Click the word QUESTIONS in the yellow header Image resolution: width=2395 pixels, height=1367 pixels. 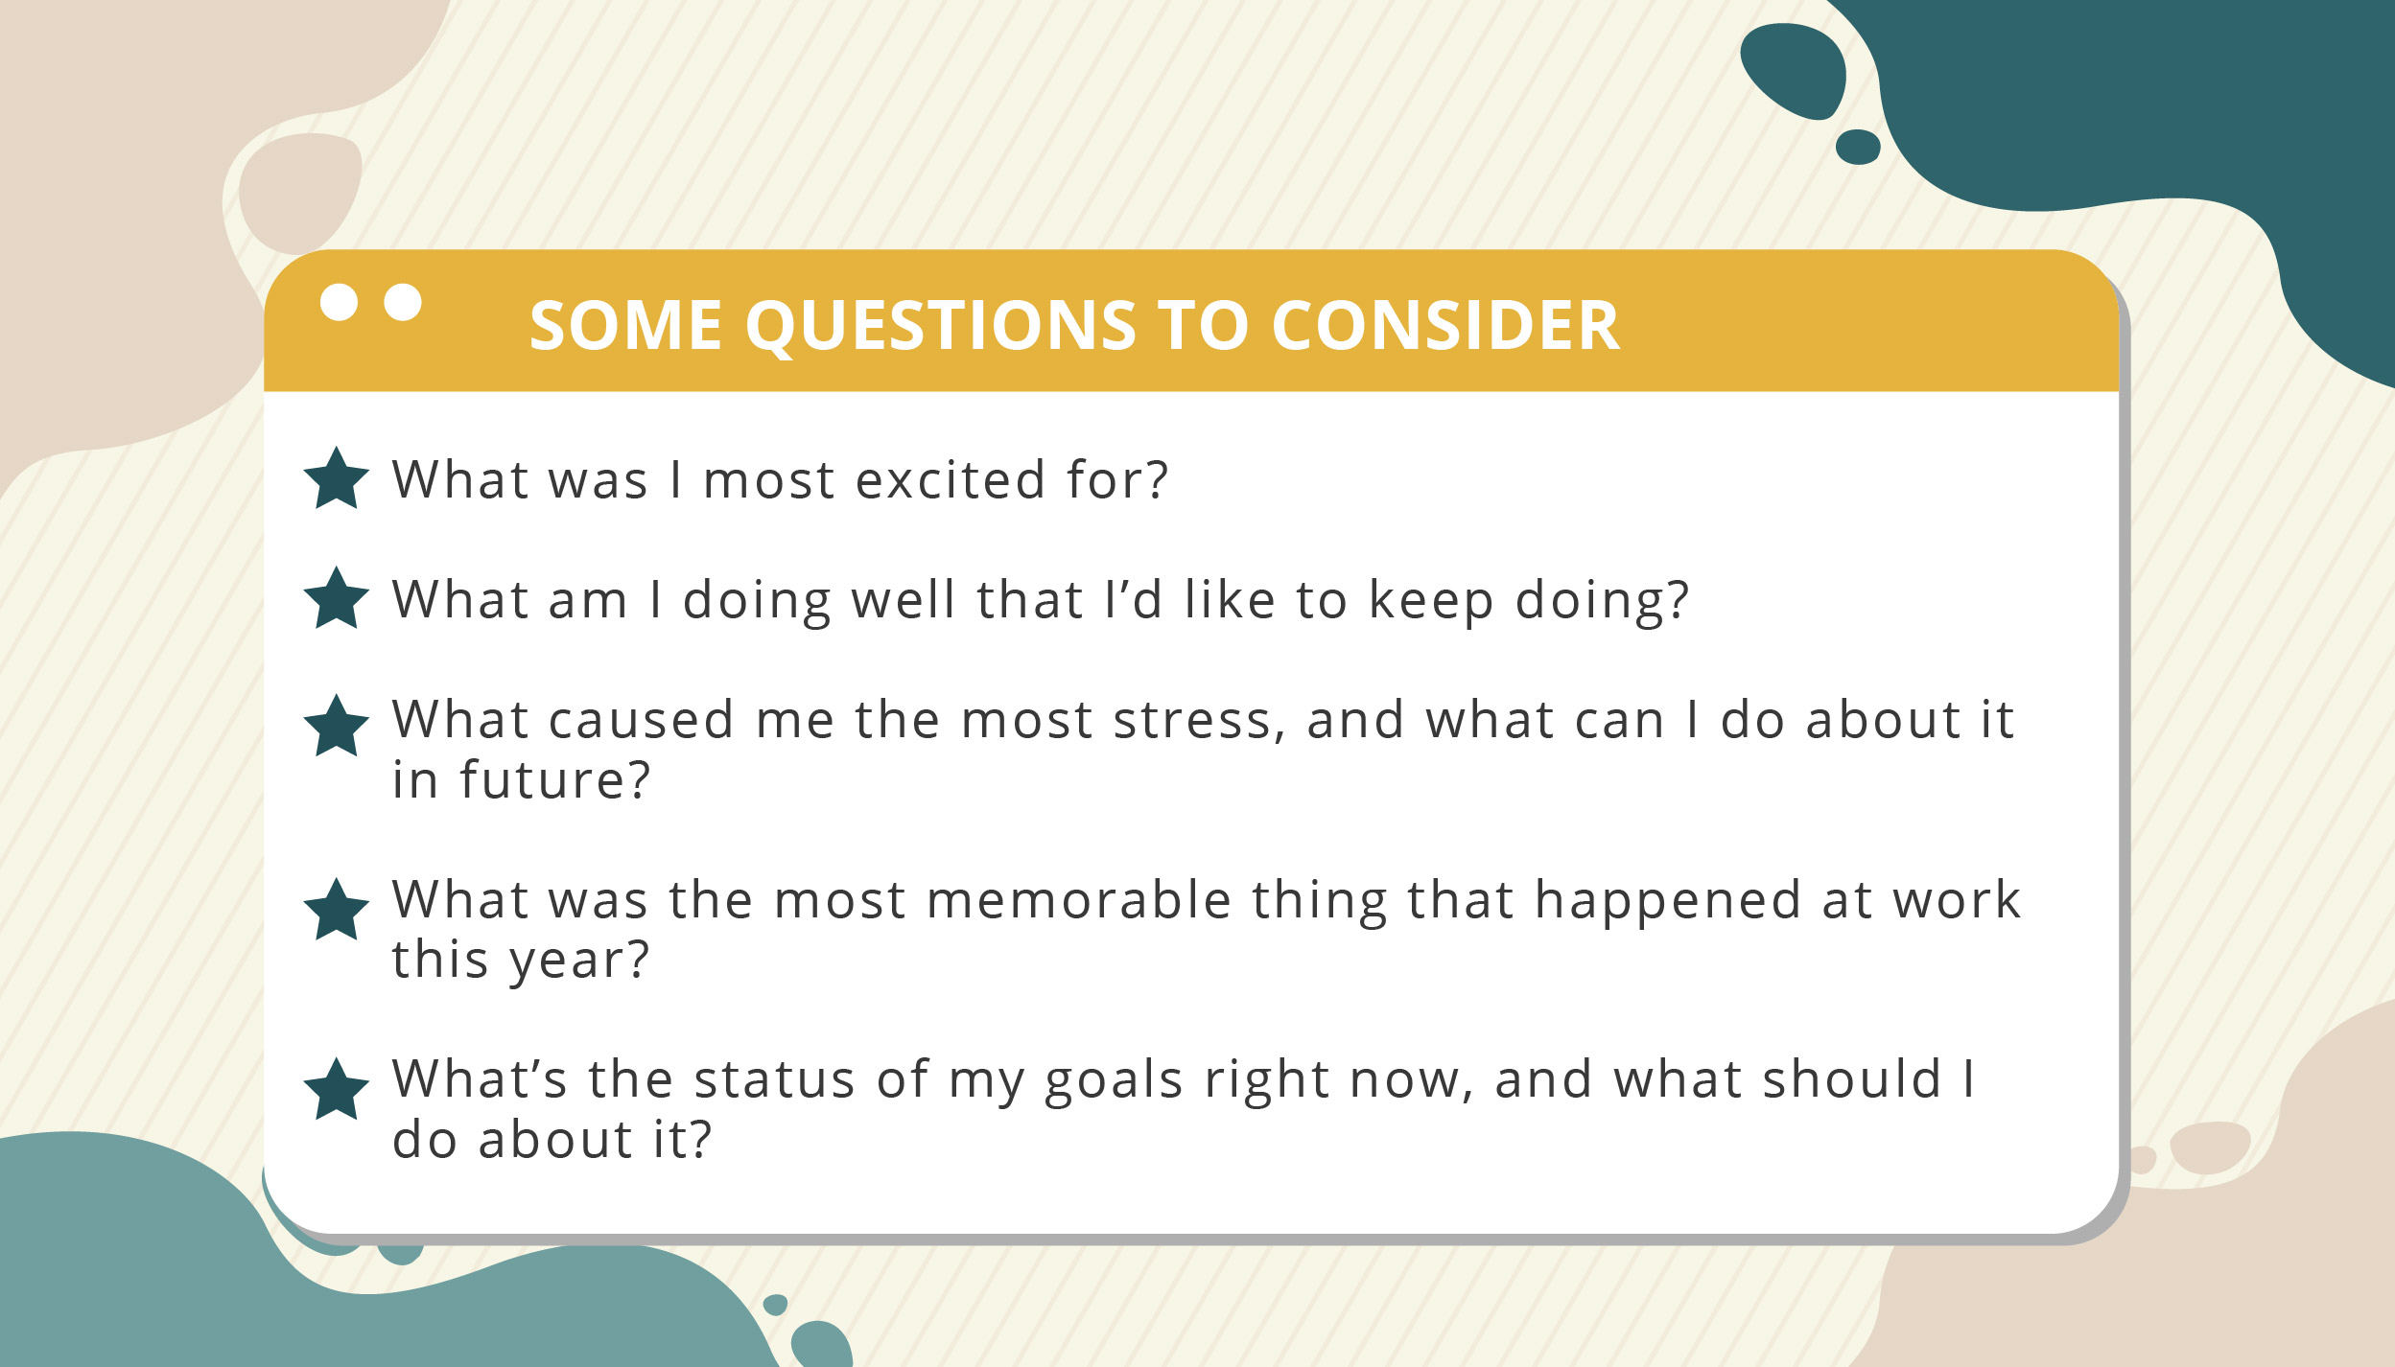940,327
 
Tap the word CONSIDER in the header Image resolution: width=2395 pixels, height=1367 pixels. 1445,326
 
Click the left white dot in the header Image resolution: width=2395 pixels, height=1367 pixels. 339,302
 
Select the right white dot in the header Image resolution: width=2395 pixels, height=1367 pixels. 403,302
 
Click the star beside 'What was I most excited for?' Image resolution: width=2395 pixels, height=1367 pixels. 337,479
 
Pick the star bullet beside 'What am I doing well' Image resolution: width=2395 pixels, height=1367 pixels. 337,599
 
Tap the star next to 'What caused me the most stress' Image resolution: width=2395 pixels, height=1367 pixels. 337,727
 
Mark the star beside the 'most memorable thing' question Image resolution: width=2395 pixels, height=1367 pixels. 337,911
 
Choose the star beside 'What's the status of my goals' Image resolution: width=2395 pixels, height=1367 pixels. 337,1090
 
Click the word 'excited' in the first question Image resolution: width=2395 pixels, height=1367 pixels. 950,479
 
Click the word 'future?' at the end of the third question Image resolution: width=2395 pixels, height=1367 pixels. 555,778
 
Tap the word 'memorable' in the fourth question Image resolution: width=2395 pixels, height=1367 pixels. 1079,900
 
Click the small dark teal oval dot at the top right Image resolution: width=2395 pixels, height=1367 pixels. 1858,147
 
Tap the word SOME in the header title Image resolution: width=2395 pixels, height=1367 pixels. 625,326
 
